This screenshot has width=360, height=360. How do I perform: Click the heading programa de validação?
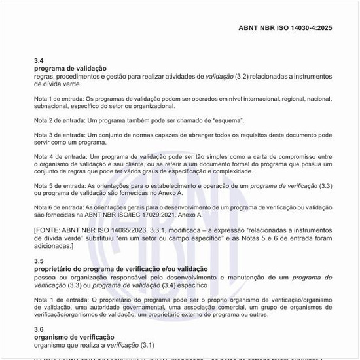tap(70, 69)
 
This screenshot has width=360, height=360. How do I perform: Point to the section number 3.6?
tap(39, 329)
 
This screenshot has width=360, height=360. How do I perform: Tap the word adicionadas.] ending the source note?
tap(54, 246)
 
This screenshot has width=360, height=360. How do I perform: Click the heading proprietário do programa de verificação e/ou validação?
tap(120, 269)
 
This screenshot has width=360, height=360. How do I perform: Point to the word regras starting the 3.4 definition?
tap(45, 77)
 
